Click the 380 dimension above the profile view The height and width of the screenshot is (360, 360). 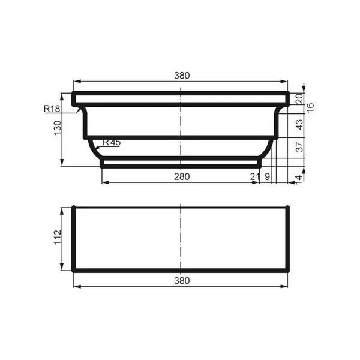click(x=182, y=76)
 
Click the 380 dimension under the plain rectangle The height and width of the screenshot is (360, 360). click(x=182, y=281)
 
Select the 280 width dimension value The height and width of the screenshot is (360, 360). click(x=182, y=177)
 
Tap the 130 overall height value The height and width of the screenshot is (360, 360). click(x=58, y=128)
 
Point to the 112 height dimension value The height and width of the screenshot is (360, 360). click(x=58, y=237)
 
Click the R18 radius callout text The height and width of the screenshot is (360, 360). click(x=52, y=109)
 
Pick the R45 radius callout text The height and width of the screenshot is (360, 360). click(x=112, y=142)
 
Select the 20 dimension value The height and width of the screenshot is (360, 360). click(x=300, y=98)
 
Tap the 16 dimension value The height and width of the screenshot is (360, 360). click(x=310, y=108)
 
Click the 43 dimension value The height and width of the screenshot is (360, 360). click(x=300, y=124)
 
